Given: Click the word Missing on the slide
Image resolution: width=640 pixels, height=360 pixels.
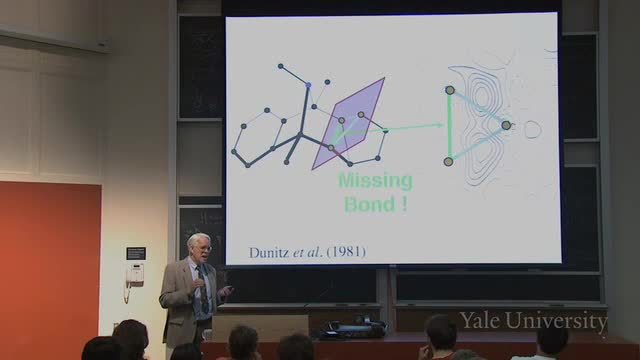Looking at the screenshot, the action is [x=376, y=181].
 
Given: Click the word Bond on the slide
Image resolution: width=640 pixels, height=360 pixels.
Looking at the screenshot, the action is [x=369, y=204].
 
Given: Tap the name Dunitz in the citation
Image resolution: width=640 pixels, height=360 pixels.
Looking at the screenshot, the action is [x=269, y=252].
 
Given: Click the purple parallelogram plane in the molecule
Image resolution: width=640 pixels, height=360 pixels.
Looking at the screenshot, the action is [x=349, y=123].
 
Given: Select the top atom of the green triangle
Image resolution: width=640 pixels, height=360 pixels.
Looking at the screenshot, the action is [x=450, y=90].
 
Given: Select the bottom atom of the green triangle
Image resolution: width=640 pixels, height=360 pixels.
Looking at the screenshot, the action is [x=449, y=162].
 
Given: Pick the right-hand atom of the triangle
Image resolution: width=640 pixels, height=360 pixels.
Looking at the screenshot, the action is [x=506, y=125].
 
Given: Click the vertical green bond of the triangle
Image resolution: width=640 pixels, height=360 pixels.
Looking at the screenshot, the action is [x=449, y=126].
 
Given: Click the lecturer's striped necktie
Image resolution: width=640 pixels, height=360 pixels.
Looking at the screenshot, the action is [x=203, y=289].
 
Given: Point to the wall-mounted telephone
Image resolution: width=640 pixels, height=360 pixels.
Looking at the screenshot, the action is [x=134, y=276].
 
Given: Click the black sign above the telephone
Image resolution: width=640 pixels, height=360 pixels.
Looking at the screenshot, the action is [x=136, y=253].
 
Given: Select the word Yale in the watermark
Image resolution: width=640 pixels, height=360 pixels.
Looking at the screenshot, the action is [x=480, y=320].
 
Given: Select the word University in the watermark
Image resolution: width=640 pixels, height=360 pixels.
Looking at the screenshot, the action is [x=557, y=321].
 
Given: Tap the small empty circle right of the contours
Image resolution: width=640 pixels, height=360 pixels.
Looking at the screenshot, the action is [x=532, y=129].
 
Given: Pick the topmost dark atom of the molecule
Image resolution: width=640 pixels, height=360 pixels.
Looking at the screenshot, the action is [x=280, y=66].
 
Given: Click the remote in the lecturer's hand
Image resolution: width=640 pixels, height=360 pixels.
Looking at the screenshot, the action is [x=227, y=290].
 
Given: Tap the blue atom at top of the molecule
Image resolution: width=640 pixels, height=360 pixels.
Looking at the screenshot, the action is [x=308, y=85].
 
